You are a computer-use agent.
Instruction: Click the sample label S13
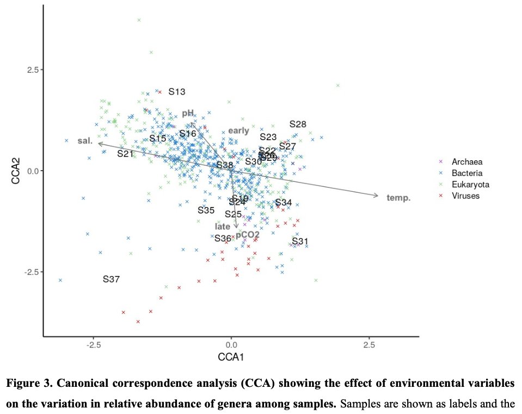(x=177, y=92)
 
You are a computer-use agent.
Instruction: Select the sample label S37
(x=111, y=279)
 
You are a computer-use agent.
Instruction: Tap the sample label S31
(x=300, y=241)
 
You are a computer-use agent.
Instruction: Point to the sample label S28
(x=298, y=124)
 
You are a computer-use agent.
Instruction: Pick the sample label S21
(x=125, y=154)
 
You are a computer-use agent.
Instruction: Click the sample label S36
(x=223, y=239)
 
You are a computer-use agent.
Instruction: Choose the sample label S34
(x=284, y=203)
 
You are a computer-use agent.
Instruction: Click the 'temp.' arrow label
(x=398, y=198)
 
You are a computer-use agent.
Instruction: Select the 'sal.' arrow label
(x=84, y=141)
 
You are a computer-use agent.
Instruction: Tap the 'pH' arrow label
(x=188, y=113)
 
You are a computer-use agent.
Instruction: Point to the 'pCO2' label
(x=248, y=235)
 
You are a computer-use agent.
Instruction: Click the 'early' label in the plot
(x=238, y=130)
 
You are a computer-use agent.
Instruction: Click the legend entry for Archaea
(x=467, y=161)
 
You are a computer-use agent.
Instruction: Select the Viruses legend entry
(x=465, y=196)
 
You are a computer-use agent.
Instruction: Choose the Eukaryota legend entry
(x=470, y=184)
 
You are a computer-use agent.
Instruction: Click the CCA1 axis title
(x=231, y=359)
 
